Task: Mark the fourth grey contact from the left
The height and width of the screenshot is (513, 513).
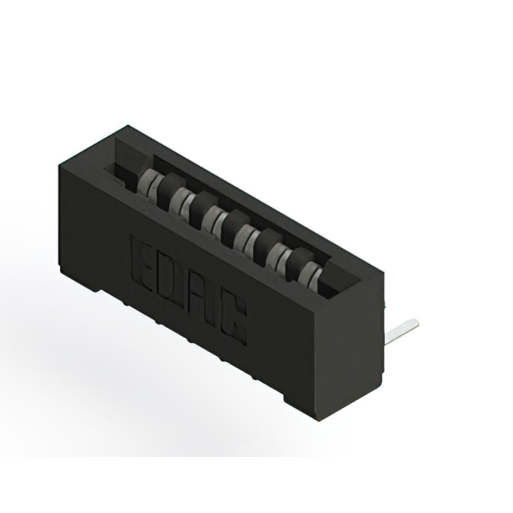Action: [245, 236]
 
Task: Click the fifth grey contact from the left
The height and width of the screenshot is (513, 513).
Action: [278, 256]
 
